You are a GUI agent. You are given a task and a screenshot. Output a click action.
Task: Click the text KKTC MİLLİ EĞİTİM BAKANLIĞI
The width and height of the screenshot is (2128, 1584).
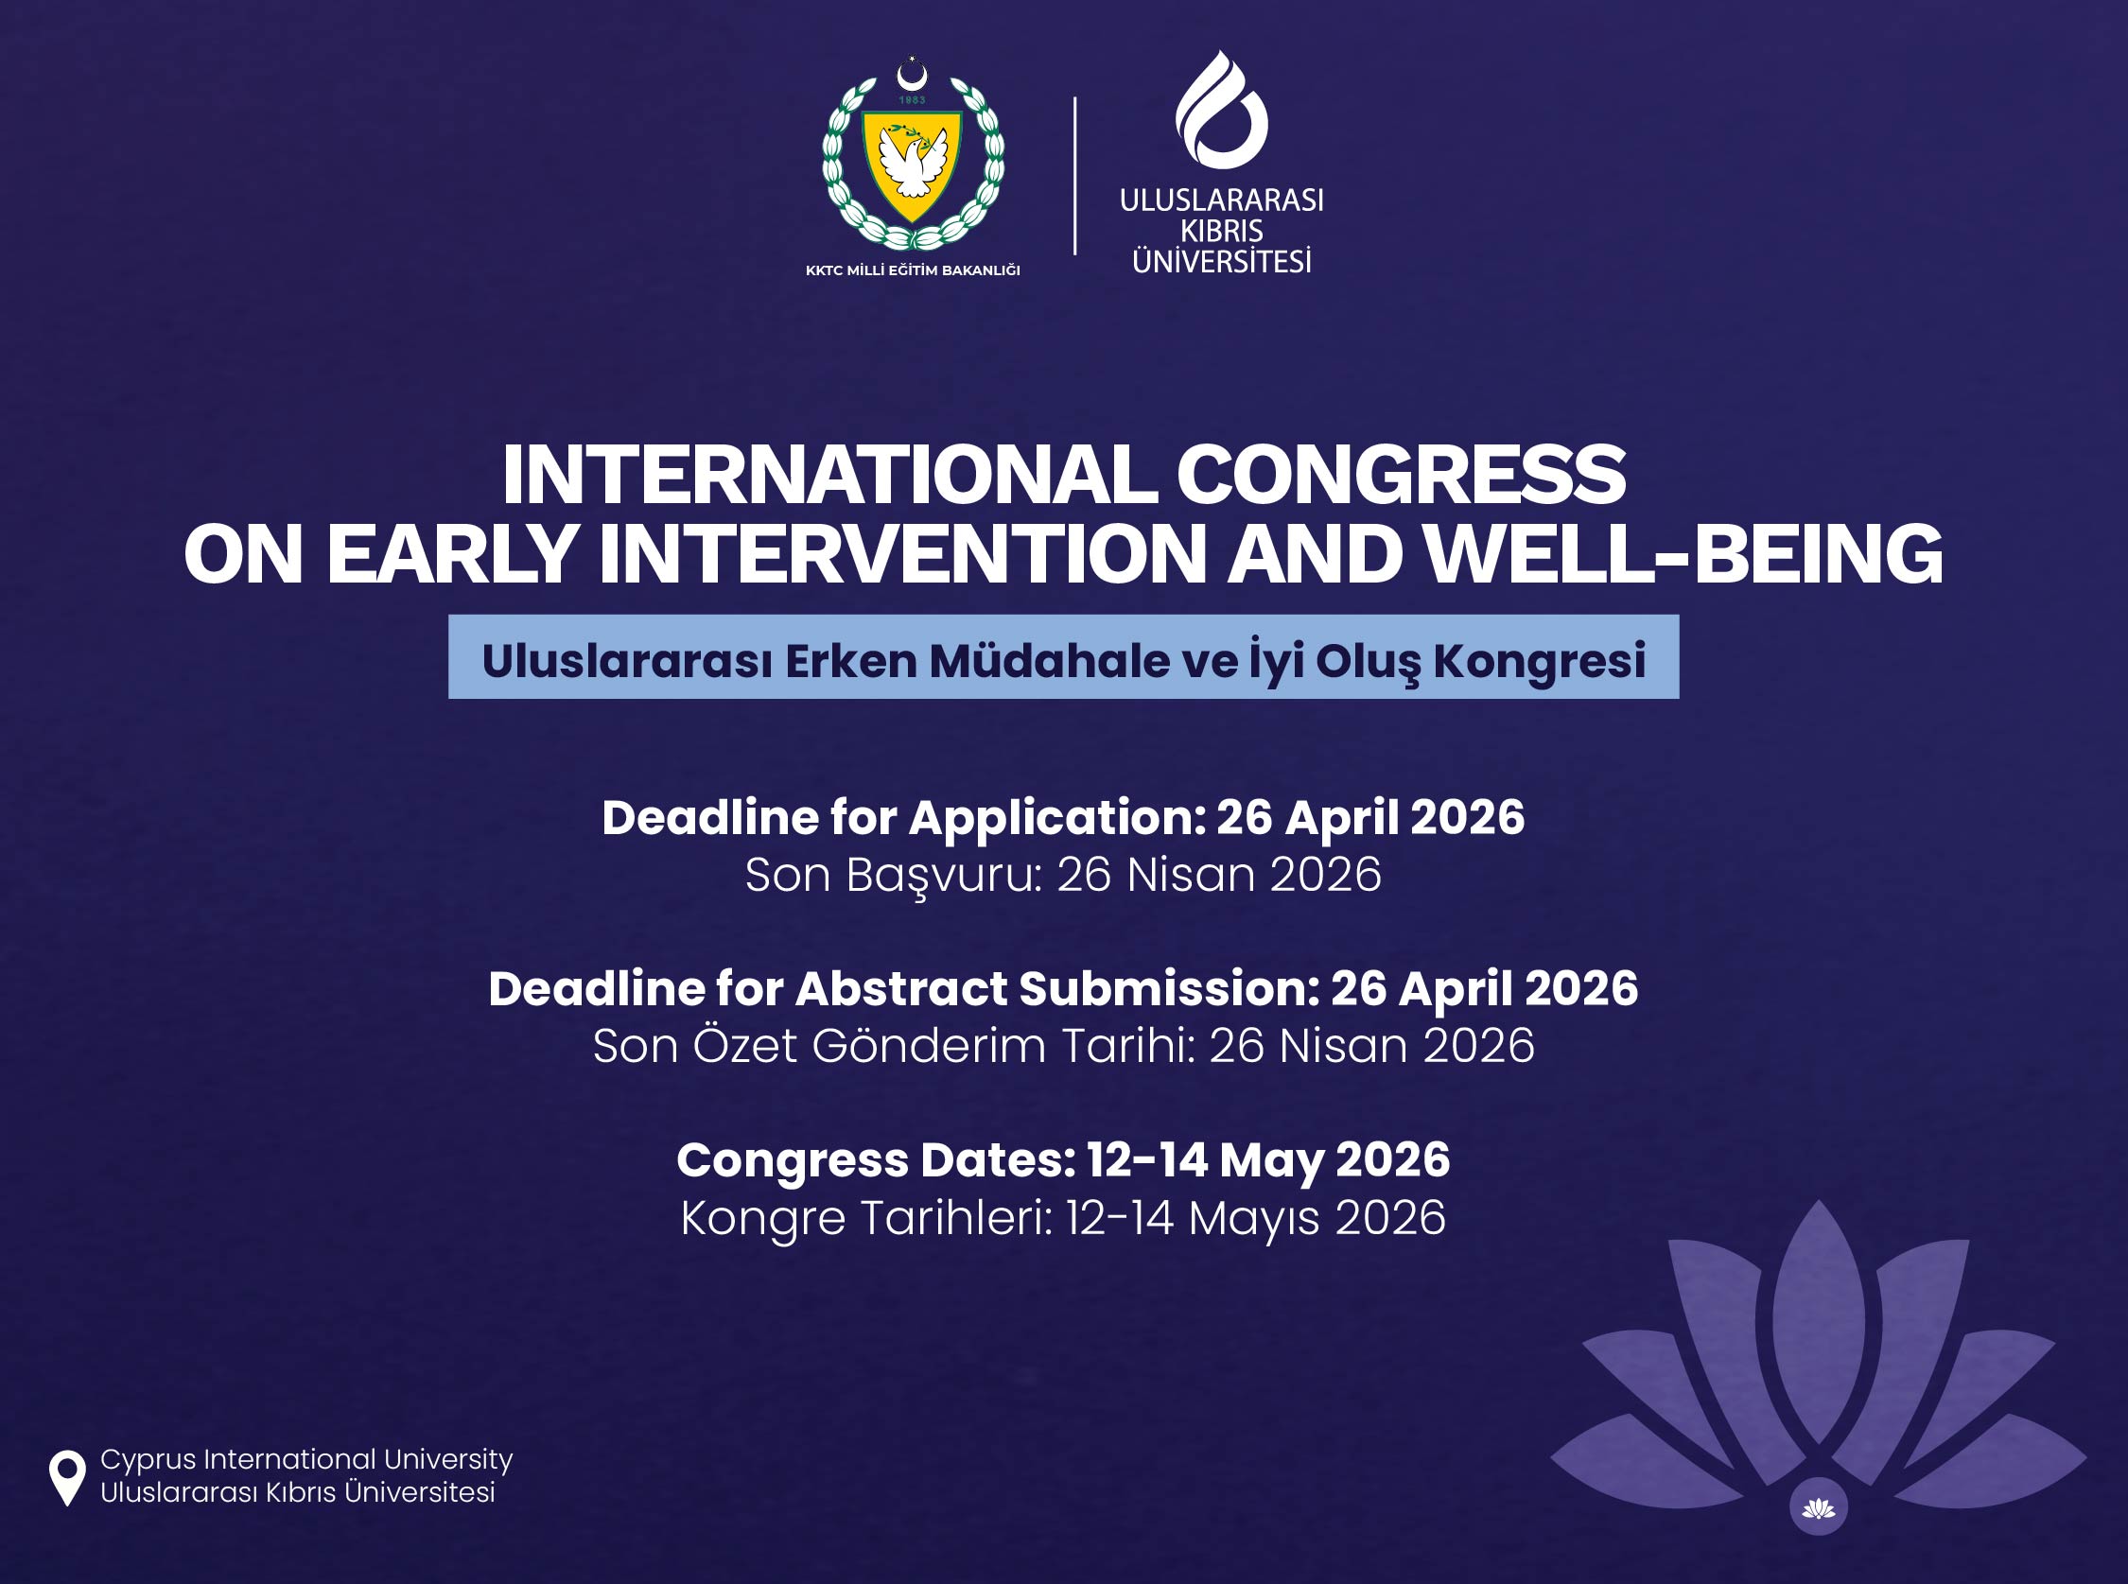[912, 270]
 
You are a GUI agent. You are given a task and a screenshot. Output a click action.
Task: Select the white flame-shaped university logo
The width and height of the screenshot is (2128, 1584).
[1221, 110]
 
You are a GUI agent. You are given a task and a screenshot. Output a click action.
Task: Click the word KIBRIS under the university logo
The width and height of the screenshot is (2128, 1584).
[1221, 231]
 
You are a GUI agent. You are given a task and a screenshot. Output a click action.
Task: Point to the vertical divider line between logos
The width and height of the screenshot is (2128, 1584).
[1074, 176]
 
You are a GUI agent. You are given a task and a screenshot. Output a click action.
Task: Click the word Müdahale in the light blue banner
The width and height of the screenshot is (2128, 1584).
[1049, 660]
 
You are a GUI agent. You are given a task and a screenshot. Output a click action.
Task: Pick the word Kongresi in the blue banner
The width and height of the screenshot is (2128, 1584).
[1539, 660]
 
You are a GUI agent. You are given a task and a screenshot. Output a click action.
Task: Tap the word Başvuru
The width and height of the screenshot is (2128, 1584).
[944, 876]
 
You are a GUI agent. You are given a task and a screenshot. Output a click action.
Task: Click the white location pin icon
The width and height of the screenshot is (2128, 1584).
[67, 1477]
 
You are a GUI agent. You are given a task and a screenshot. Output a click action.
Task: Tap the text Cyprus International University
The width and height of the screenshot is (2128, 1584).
[306, 1460]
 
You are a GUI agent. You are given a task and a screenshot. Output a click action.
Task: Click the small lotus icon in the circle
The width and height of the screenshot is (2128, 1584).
[1818, 1508]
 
